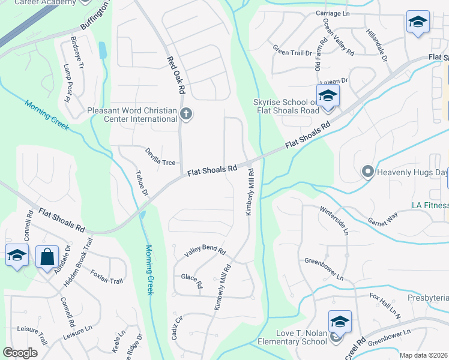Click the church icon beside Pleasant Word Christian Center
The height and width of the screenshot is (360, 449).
[186, 113]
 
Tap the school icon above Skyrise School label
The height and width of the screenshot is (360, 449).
[328, 96]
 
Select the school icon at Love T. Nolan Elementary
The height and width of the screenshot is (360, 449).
[339, 322]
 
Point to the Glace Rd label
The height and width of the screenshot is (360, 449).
[191, 280]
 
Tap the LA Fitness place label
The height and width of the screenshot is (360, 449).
[430, 205]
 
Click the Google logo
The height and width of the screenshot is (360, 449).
[20, 353]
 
